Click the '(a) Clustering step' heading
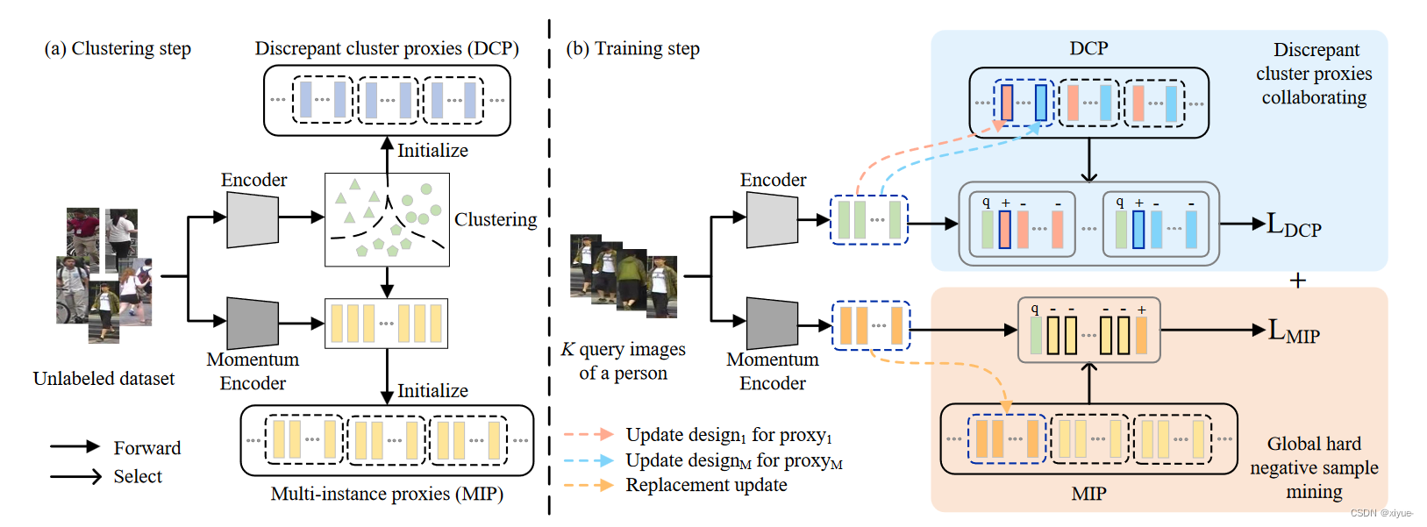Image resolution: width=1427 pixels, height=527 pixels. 118,49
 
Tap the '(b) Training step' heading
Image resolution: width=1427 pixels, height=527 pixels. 632,49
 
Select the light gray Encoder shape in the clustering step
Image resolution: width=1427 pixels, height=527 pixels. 253,219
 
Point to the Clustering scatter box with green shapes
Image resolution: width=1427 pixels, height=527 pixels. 387,219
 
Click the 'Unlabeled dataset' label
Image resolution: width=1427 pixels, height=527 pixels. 103,379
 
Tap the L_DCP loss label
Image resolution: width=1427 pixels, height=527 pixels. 1293,225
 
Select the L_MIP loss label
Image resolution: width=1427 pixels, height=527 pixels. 1294,331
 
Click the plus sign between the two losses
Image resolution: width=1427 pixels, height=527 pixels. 1298,281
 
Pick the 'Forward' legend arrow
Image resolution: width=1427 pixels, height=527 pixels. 75,447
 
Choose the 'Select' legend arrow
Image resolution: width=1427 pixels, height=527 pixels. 75,477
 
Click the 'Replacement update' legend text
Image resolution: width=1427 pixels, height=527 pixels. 706,485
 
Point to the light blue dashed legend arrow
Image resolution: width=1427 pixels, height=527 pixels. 588,460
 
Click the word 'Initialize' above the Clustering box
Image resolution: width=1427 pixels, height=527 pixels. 432,151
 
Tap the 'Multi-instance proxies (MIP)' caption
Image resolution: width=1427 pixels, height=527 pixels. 387,494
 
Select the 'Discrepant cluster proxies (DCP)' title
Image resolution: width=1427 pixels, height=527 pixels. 387,49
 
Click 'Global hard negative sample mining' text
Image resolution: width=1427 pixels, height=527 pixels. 1313,467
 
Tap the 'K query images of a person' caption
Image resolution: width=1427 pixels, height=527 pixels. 624,361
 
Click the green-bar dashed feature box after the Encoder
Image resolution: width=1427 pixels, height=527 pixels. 868,220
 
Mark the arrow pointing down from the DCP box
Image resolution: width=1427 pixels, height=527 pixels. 1088,160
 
